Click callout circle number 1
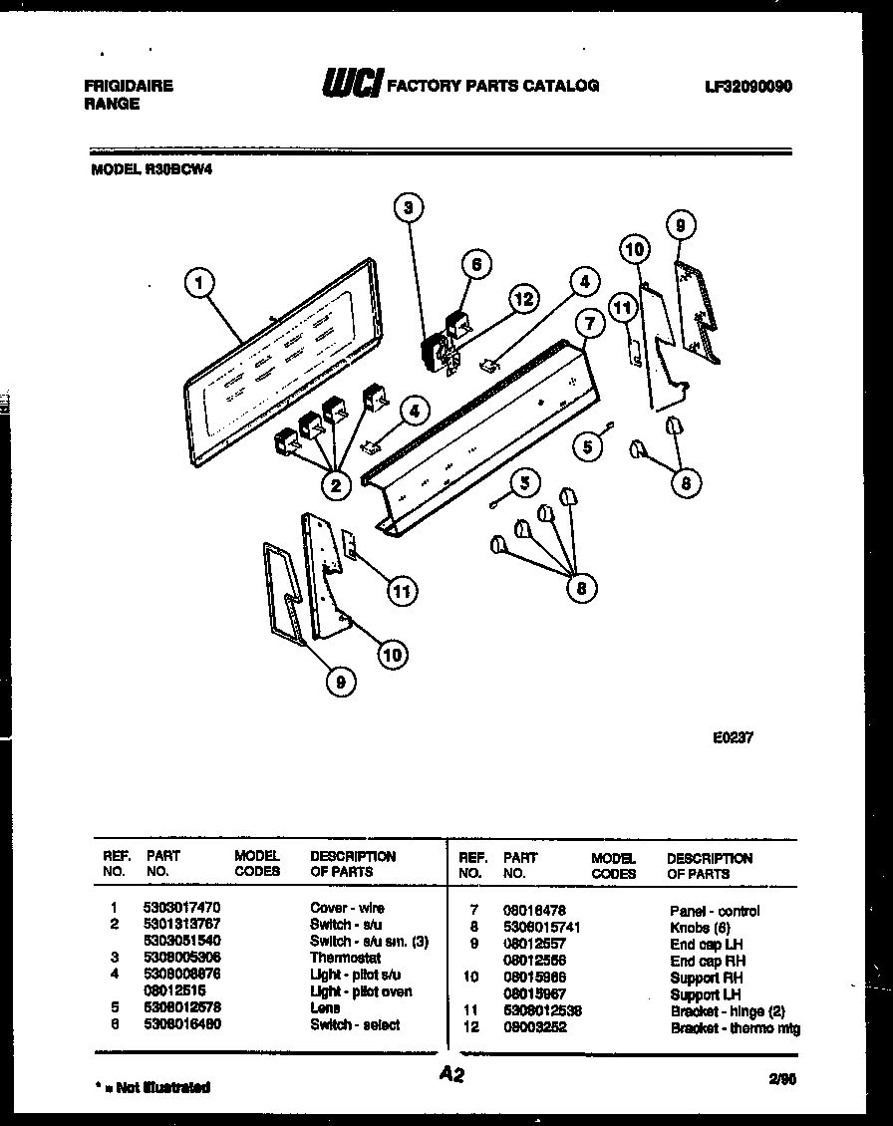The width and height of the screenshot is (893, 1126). (199, 284)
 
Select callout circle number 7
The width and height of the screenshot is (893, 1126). (589, 324)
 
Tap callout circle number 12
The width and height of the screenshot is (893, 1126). (523, 298)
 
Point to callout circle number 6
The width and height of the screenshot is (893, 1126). (476, 264)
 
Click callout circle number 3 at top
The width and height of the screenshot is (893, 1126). (407, 207)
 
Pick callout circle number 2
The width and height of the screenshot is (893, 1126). (336, 485)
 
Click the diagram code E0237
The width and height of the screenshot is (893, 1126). (733, 739)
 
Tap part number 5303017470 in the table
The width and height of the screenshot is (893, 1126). (182, 908)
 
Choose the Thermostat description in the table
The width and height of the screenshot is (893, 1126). (345, 958)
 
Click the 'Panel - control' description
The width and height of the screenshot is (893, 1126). (715, 911)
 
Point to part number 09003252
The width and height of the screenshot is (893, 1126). (535, 1027)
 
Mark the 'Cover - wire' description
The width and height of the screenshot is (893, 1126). (347, 908)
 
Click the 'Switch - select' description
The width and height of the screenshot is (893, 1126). (355, 1024)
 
